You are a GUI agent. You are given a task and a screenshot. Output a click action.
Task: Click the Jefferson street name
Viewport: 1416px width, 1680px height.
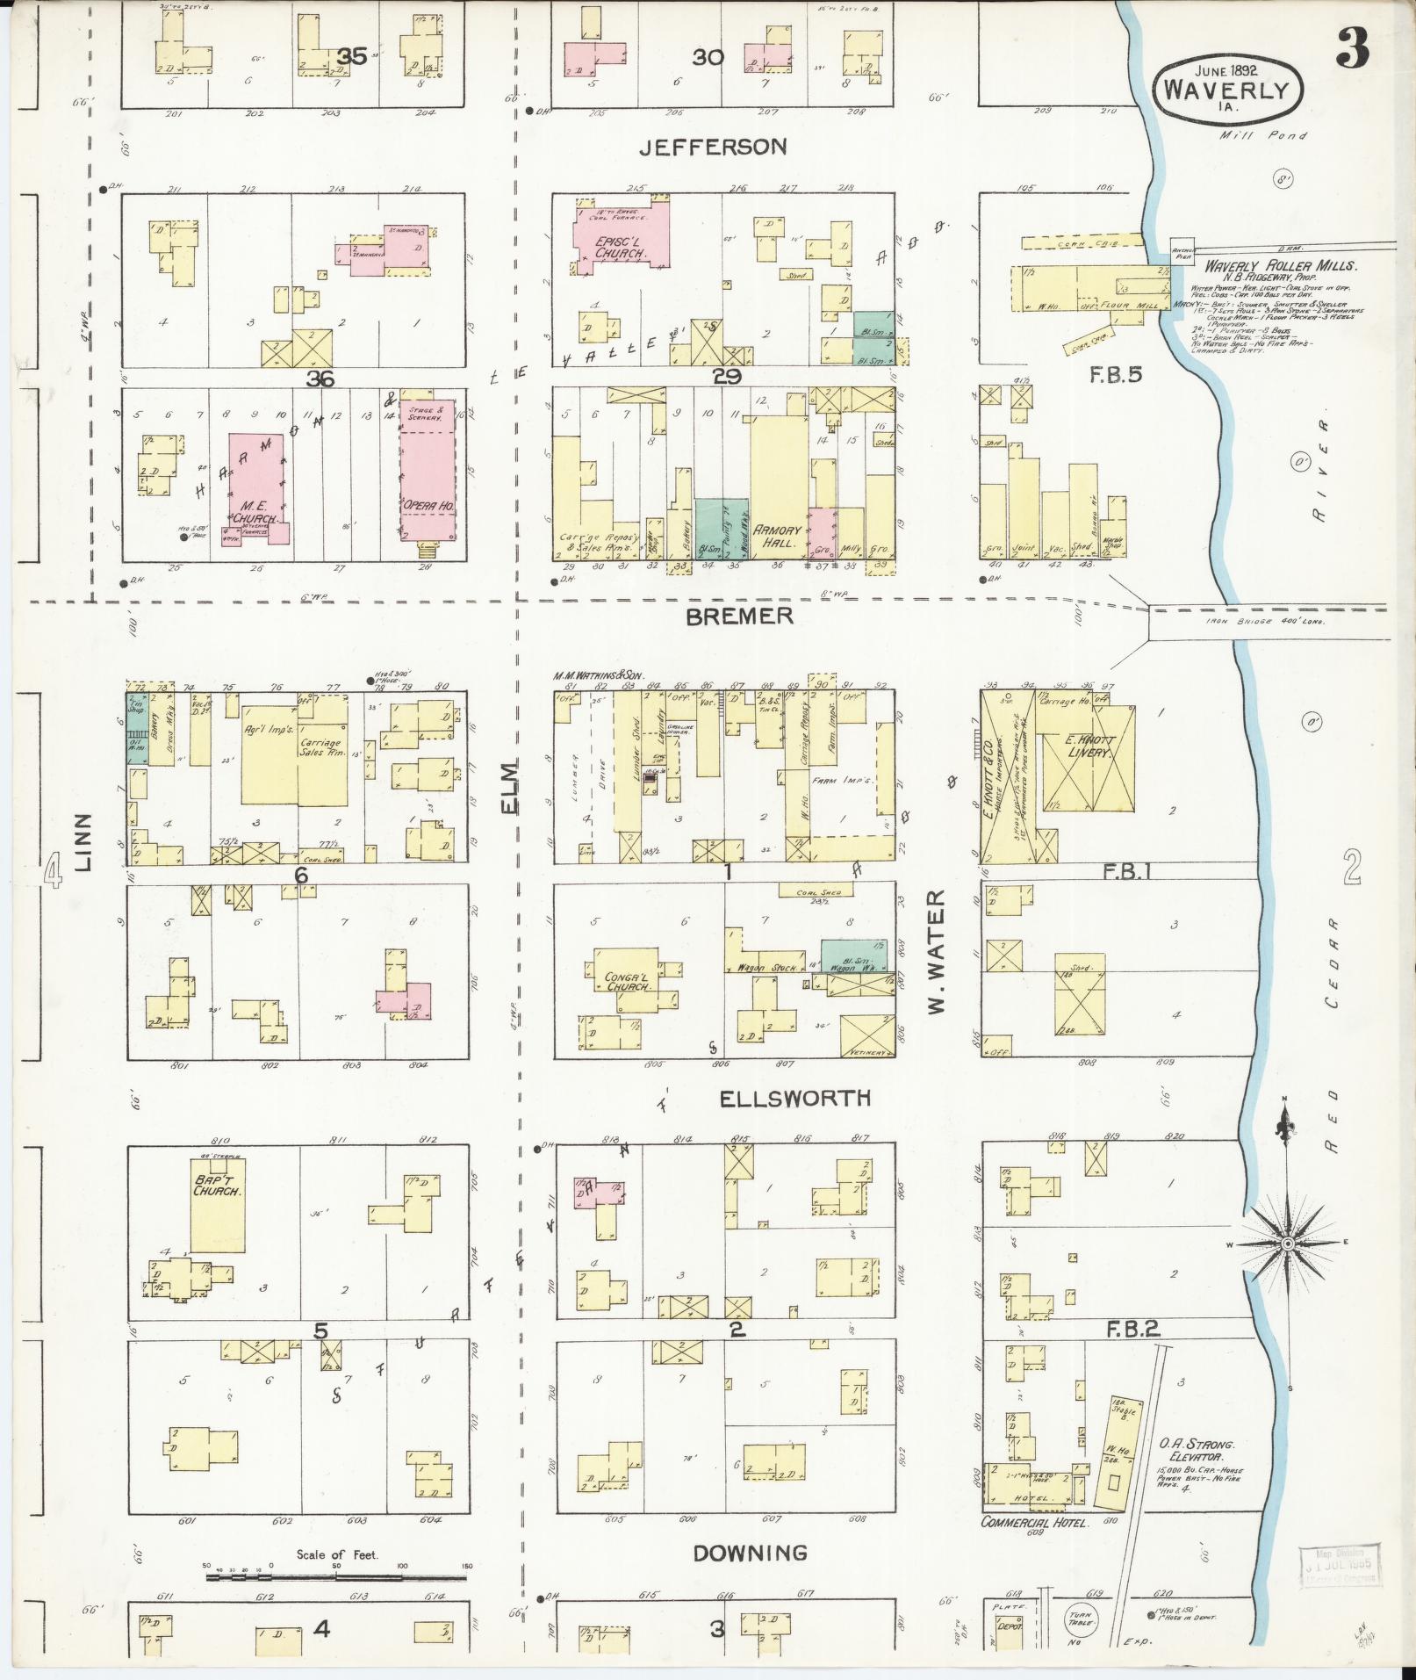(712, 147)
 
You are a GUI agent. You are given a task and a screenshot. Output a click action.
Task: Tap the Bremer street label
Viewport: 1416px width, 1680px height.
(739, 616)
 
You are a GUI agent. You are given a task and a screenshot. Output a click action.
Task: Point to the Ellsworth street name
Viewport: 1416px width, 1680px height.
(794, 1098)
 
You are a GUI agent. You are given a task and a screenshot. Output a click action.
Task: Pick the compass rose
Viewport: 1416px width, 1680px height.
(1287, 1244)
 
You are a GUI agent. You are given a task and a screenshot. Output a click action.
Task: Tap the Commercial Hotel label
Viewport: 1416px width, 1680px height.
(1034, 1522)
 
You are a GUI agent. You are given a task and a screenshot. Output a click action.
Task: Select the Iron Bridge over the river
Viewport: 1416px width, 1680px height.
(1267, 621)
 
